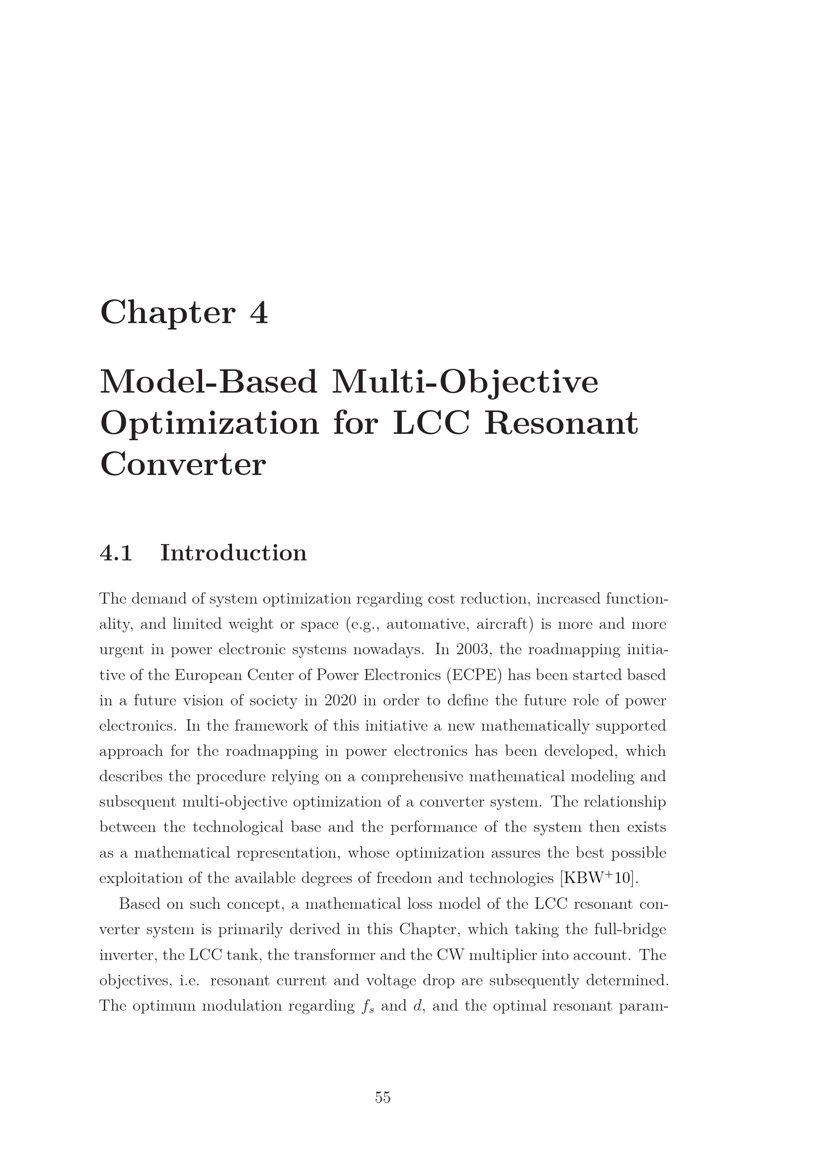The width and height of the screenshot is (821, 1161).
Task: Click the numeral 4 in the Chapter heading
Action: pos(258,313)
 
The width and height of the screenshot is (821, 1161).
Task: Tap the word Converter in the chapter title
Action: pos(183,464)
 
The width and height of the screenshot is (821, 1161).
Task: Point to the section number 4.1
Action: pos(116,552)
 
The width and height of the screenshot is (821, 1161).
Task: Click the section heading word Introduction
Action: pos(233,552)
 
